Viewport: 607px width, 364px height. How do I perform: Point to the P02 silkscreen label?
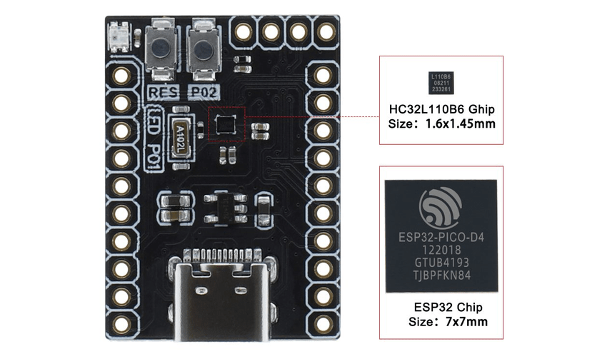pos(201,92)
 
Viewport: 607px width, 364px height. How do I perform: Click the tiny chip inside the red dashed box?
pos(225,124)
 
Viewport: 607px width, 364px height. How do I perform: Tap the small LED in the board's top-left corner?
pos(119,36)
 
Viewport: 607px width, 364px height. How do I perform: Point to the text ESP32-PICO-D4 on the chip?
pos(441,236)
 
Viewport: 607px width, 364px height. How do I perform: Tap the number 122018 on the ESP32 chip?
pos(441,251)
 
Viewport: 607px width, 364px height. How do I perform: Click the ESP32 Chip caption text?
pos(448,308)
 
